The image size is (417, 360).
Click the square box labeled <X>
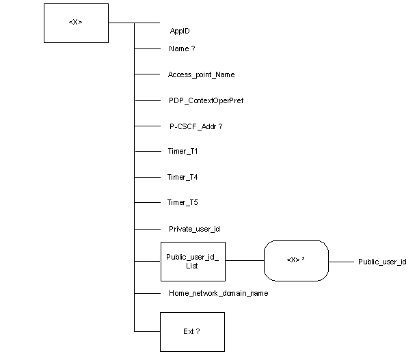pyautogui.click(x=76, y=23)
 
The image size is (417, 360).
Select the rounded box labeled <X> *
pyautogui.click(x=296, y=260)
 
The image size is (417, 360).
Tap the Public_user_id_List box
pyautogui.click(x=193, y=261)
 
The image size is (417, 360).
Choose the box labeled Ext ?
pyautogui.click(x=192, y=331)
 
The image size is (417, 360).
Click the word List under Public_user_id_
pyautogui.click(x=192, y=266)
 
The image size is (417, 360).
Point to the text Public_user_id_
pyautogui.click(x=193, y=257)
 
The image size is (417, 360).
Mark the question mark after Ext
pyautogui.click(x=198, y=331)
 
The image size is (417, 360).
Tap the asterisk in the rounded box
pyautogui.click(x=303, y=260)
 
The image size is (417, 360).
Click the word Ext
pyautogui.click(x=189, y=331)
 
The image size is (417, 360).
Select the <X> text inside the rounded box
pyautogui.click(x=293, y=260)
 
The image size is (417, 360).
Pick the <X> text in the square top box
pyautogui.click(x=75, y=23)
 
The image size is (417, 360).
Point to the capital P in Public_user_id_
pyautogui.click(x=169, y=257)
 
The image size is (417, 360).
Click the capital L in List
pyautogui.click(x=187, y=266)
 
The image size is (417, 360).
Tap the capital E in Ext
pyautogui.click(x=185, y=331)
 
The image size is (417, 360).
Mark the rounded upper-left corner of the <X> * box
pyautogui.click(x=268, y=245)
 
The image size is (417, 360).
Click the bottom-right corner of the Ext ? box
pyautogui.click(x=224, y=350)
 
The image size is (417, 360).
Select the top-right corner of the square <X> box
pyautogui.click(x=107, y=5)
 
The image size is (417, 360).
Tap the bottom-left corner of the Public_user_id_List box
pyautogui.click(x=162, y=280)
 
